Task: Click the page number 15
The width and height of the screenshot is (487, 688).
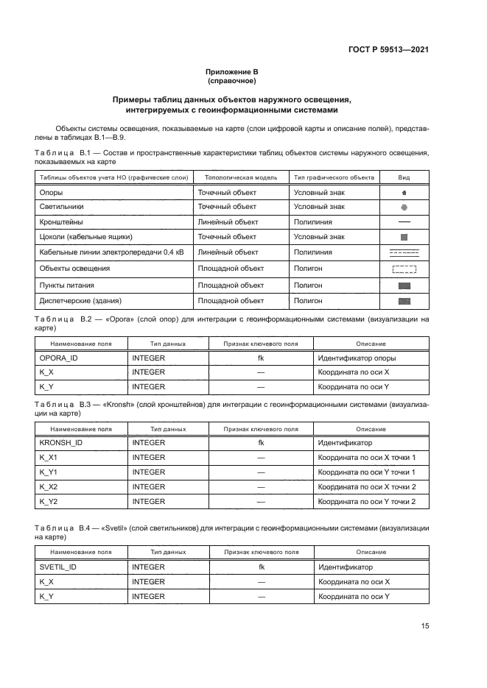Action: tap(425, 625)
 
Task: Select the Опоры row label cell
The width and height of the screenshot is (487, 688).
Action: tap(51, 193)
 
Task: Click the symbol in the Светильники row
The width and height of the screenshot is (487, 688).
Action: tap(404, 208)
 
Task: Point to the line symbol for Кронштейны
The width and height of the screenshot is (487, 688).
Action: tap(404, 221)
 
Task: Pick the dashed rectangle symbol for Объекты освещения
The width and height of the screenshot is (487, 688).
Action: tap(404, 269)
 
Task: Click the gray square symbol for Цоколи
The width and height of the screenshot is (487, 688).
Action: tap(404, 238)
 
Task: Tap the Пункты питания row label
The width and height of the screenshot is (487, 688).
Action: tap(66, 285)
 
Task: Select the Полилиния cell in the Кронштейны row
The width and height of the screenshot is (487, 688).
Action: tap(312, 221)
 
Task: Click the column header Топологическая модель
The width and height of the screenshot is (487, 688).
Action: tap(240, 178)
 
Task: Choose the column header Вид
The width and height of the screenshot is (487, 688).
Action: tap(404, 178)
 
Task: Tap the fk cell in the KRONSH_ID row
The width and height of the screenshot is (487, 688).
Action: tap(261, 443)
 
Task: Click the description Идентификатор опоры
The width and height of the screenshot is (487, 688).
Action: tap(357, 358)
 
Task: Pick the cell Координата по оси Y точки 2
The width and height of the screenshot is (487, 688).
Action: tap(366, 501)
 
